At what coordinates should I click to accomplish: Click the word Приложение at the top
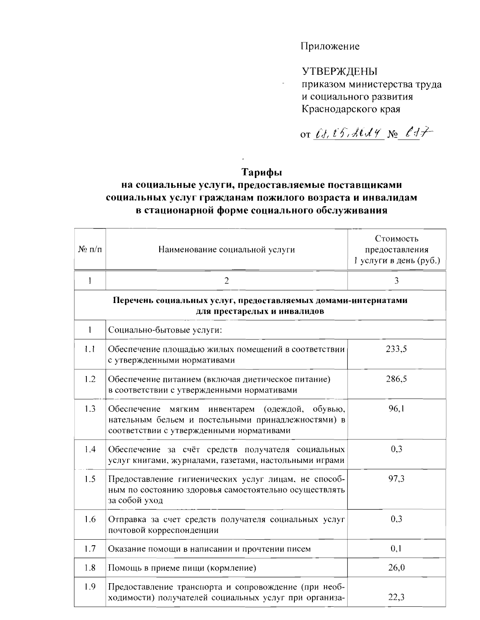330,46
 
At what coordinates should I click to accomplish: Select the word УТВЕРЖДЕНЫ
340,72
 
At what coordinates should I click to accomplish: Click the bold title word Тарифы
262,173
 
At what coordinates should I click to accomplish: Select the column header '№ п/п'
90,250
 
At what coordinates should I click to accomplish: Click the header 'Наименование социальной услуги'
226,250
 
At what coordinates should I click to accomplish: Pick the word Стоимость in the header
396,239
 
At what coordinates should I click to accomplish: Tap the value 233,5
396,349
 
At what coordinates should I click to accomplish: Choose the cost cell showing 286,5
396,379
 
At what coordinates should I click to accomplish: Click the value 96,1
396,409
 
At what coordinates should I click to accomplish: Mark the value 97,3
396,478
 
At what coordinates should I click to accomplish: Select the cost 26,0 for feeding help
396,567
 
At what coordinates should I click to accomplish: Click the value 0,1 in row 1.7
396,548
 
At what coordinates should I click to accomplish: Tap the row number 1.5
90,478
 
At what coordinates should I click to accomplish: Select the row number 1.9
90,587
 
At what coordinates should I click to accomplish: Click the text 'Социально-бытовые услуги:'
165,330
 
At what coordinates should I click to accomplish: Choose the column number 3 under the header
396,281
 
